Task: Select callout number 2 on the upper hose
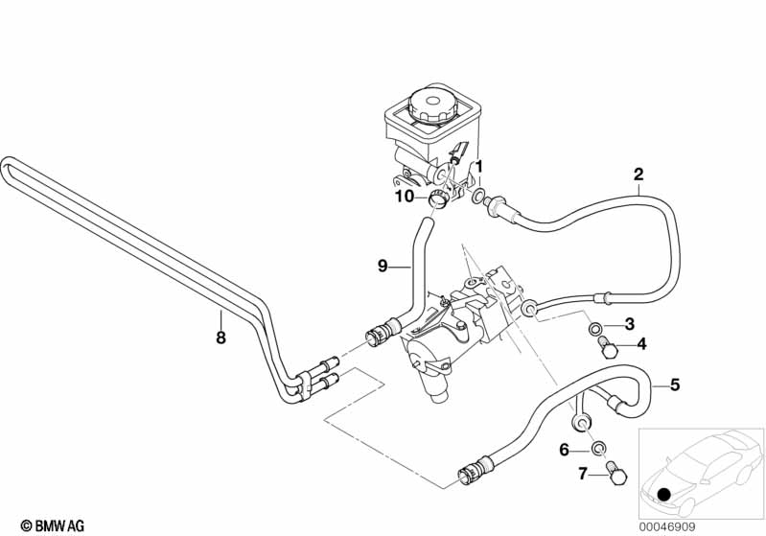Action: click(638, 175)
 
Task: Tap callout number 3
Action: click(629, 322)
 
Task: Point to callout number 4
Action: click(641, 343)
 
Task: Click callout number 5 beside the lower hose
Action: click(674, 385)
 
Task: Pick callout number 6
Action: click(565, 449)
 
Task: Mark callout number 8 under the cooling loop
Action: click(220, 338)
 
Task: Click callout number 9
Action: click(382, 266)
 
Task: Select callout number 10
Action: click(405, 197)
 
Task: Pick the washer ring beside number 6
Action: click(597, 448)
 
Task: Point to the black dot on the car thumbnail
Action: click(665, 494)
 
